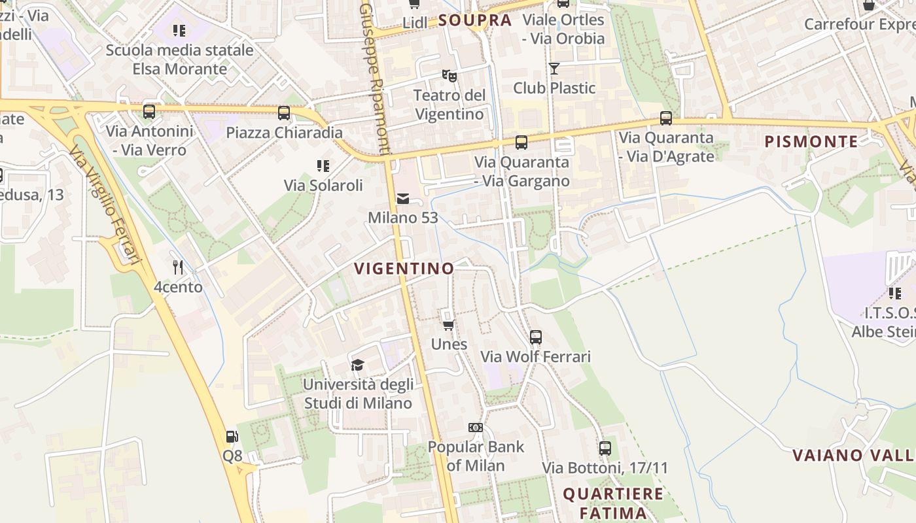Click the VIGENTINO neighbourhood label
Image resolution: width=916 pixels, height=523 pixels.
pos(404,268)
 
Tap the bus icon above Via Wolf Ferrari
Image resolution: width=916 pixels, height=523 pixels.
pos(536,337)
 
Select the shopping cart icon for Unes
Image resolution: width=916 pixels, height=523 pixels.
pos(449,325)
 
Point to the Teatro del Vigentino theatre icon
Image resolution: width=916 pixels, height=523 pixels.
pos(449,76)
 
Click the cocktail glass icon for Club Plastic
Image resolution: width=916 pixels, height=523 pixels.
pos(554,68)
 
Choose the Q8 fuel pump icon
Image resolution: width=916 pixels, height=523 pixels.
pos(232,437)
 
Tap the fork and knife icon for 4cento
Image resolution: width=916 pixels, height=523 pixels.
pos(177,267)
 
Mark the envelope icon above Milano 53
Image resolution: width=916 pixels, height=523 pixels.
pos(403,198)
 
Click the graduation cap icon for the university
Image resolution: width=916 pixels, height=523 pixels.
pos(357,364)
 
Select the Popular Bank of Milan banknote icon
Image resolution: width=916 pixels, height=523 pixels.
pos(476,428)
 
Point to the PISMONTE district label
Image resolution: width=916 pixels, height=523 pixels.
pos(811,141)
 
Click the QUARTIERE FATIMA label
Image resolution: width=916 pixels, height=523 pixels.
pos(613,503)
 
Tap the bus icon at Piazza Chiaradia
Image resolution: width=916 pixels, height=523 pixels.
pos(284,112)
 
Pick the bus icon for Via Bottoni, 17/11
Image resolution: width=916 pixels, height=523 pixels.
pos(605,448)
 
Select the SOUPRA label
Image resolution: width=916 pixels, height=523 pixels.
pos(475,20)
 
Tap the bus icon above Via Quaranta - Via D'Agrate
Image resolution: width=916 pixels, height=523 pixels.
pos(666,118)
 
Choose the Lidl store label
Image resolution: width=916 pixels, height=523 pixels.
pos(415,23)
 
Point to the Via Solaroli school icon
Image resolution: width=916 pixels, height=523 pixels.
pos(323,165)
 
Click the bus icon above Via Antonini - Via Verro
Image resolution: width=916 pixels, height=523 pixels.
pos(149,112)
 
